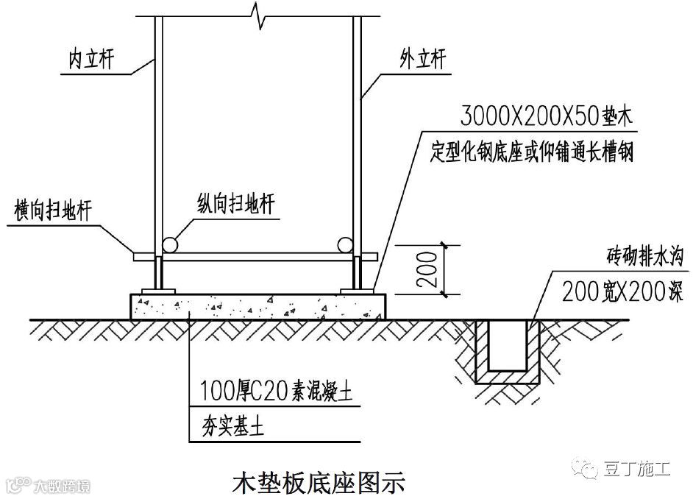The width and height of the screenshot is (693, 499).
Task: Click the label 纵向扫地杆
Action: tap(235, 204)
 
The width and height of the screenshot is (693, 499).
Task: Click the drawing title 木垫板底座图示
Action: tap(319, 484)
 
